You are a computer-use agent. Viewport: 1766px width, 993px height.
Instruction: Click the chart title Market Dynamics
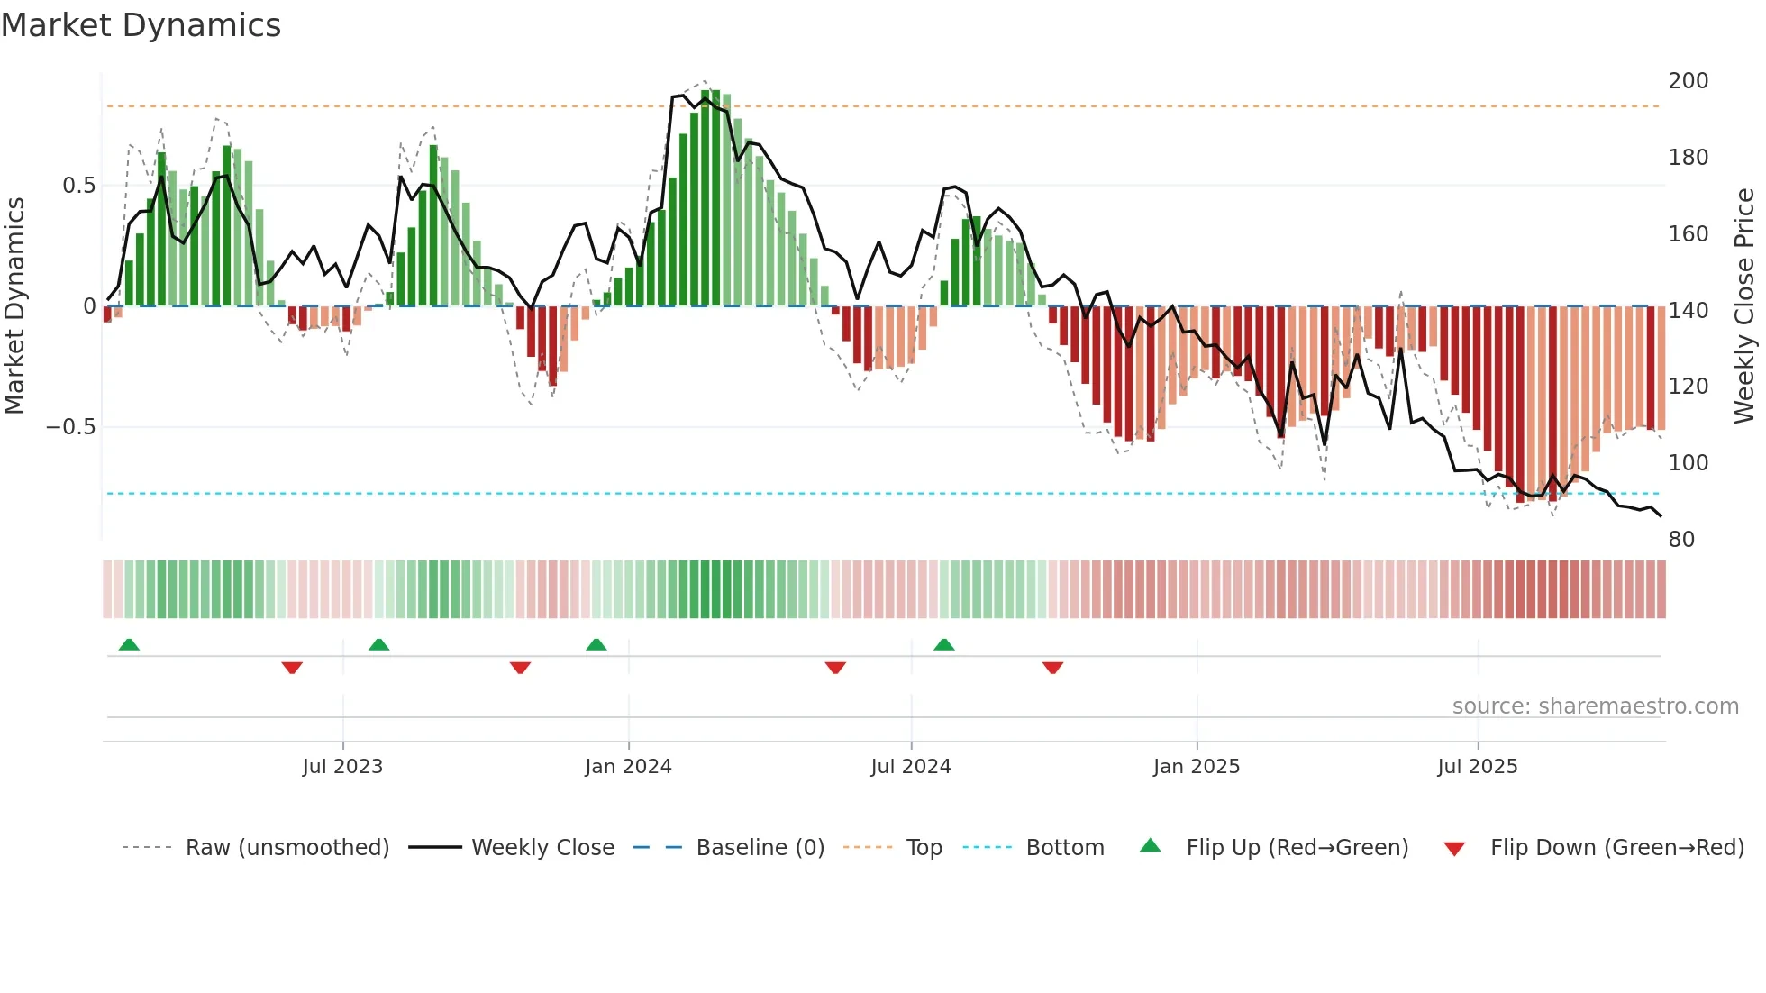tap(141, 25)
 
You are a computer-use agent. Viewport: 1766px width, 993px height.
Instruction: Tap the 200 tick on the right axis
tap(1688, 81)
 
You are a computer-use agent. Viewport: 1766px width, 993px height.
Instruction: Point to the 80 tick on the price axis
tap(1681, 540)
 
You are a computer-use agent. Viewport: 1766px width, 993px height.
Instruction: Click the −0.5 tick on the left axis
tap(71, 427)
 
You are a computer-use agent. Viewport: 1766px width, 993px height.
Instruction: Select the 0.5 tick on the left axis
tap(78, 186)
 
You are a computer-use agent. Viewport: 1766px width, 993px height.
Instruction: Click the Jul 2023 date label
tap(342, 767)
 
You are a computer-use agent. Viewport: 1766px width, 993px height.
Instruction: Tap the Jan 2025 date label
tap(1197, 767)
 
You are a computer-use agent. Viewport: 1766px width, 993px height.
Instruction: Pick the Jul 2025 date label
tap(1478, 767)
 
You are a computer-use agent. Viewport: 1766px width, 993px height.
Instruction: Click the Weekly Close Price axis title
tap(1745, 306)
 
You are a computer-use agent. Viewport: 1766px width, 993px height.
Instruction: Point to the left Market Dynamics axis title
tap(14, 306)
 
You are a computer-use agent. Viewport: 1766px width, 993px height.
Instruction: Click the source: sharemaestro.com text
tap(1595, 706)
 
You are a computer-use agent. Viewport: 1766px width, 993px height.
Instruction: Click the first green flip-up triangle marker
tap(129, 645)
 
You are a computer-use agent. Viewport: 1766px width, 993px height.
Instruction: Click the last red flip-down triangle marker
tap(1052, 668)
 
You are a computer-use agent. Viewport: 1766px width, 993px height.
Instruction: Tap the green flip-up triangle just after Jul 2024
tap(943, 645)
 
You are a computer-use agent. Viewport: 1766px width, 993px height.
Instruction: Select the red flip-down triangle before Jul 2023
tap(292, 668)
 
